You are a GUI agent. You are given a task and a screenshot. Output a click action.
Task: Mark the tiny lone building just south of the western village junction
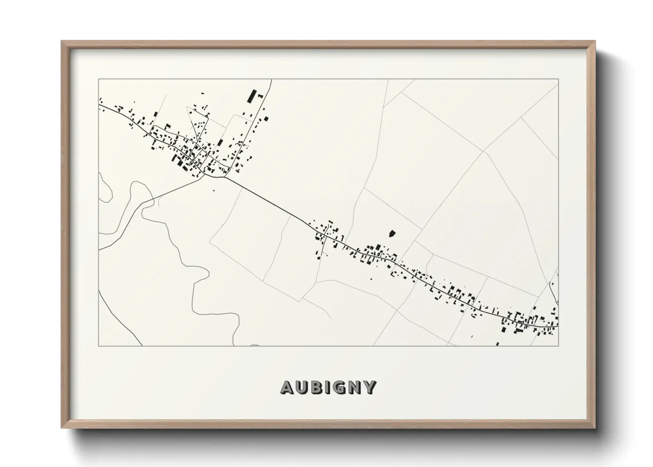[x=214, y=191]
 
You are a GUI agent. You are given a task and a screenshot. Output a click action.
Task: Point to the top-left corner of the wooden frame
[x=62, y=41]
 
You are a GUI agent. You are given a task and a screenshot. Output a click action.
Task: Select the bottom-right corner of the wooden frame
[x=595, y=428]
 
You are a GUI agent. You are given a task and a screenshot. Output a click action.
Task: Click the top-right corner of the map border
[x=559, y=79]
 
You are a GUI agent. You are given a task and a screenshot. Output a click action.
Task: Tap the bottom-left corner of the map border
[x=99, y=346]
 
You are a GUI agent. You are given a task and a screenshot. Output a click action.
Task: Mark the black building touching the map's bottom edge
[x=498, y=344]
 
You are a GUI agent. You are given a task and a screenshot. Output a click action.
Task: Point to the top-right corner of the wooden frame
[x=595, y=41]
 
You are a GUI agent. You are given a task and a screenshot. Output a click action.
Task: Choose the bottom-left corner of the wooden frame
[x=62, y=428]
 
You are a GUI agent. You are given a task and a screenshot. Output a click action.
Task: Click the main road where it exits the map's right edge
[x=558, y=327]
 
